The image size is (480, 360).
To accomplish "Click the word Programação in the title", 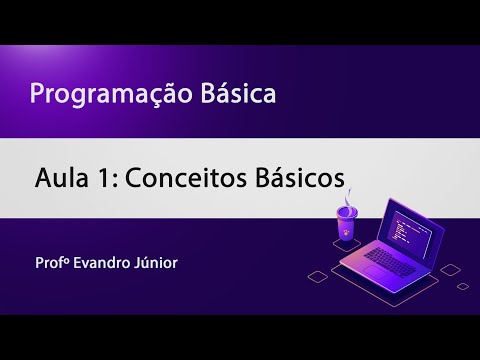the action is (x=111, y=95).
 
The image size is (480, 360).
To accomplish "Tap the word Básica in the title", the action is (x=238, y=93).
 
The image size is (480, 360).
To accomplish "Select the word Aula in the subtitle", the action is (x=62, y=178).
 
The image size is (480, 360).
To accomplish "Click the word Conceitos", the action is (x=186, y=178).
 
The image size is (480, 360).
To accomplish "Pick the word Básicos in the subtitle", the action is (x=300, y=177).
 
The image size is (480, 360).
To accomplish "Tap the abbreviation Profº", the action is (x=52, y=263).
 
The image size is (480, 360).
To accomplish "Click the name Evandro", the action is (x=102, y=263).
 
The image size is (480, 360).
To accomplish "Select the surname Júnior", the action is (x=156, y=262).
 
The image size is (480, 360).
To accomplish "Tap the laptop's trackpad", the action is (x=376, y=273).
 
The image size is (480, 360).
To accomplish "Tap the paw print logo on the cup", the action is (x=347, y=231).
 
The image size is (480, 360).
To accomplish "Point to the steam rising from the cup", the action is (x=349, y=197).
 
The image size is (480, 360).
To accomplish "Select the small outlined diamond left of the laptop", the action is (x=318, y=277).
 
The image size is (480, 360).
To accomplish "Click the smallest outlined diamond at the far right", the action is (x=463, y=286).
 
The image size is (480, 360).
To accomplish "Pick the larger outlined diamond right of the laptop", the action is (x=451, y=270).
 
